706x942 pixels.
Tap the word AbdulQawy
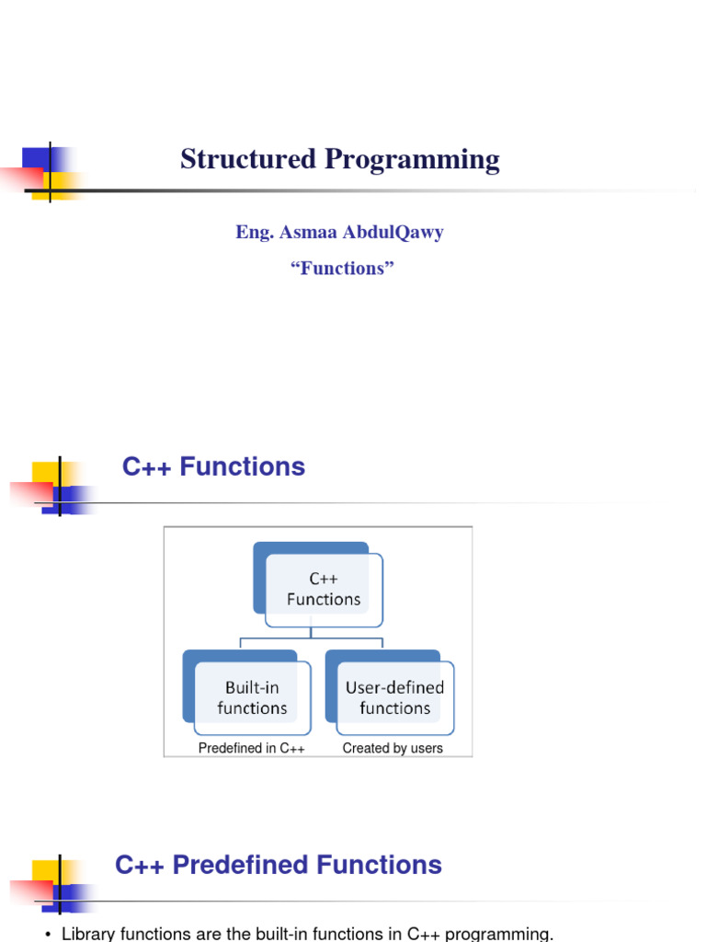393,232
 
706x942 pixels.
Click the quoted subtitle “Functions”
341,269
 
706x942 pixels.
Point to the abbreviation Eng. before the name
252,232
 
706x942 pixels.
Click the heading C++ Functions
213,467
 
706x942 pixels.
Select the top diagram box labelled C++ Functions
323,589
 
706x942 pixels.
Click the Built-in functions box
252,697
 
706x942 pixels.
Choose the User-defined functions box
394,697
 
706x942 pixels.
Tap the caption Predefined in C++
252,749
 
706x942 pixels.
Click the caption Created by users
393,749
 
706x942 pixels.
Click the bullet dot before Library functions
47,936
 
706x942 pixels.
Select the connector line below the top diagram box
312,634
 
